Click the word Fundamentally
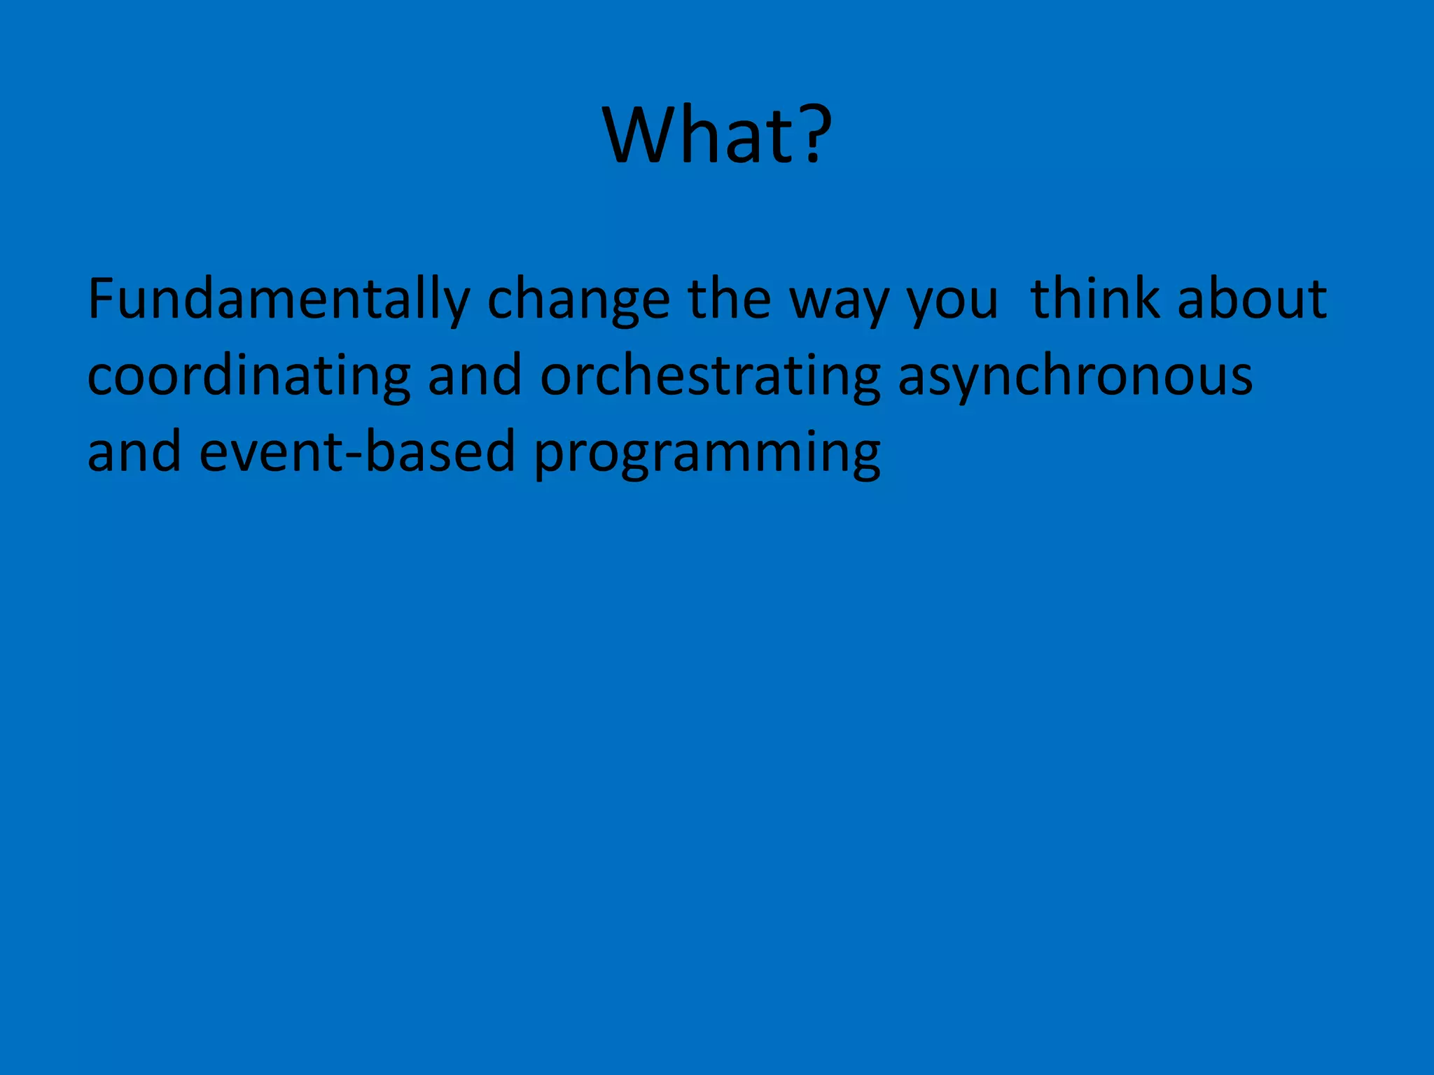278,300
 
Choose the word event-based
357,451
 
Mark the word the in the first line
730,299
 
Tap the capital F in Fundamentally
102,299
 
